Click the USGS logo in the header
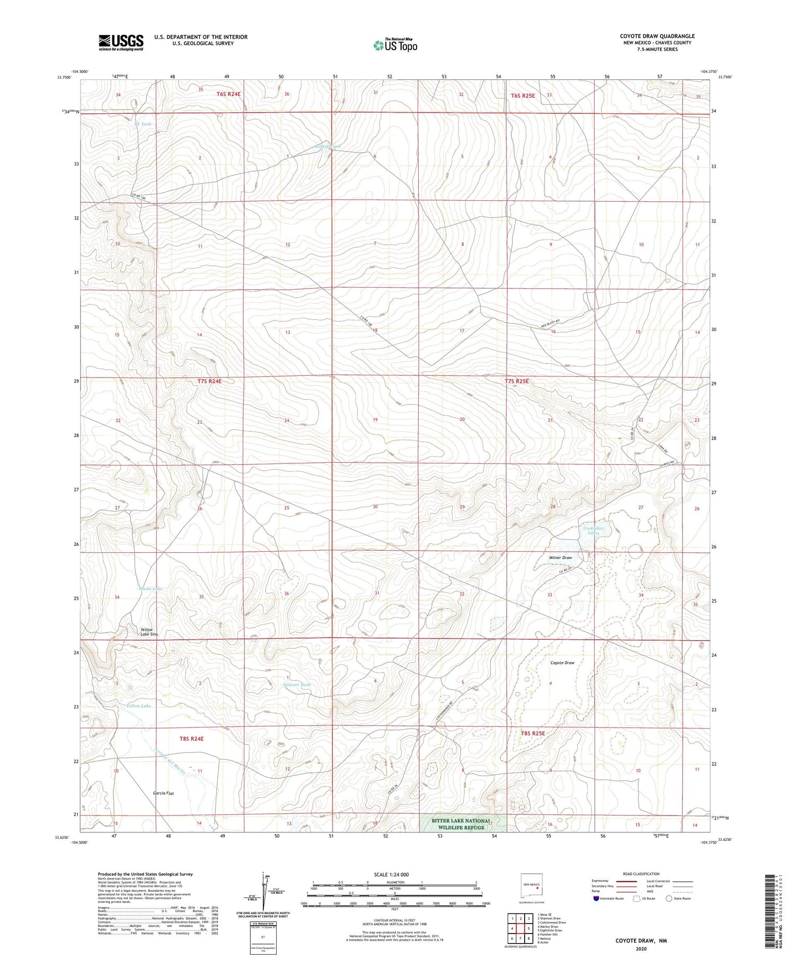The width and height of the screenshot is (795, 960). click(x=121, y=42)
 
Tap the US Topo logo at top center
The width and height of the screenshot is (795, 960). click(x=395, y=45)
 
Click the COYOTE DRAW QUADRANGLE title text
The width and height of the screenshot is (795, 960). click(x=657, y=36)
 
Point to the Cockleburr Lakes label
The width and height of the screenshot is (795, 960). click(x=593, y=531)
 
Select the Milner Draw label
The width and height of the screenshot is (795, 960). click(x=560, y=558)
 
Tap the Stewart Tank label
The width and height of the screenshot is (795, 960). click(x=297, y=685)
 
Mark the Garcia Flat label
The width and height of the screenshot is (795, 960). click(x=164, y=793)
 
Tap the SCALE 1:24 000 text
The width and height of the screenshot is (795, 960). click(x=391, y=874)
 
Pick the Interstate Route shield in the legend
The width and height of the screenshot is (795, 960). click(x=596, y=898)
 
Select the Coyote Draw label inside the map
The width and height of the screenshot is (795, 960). click(x=562, y=662)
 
